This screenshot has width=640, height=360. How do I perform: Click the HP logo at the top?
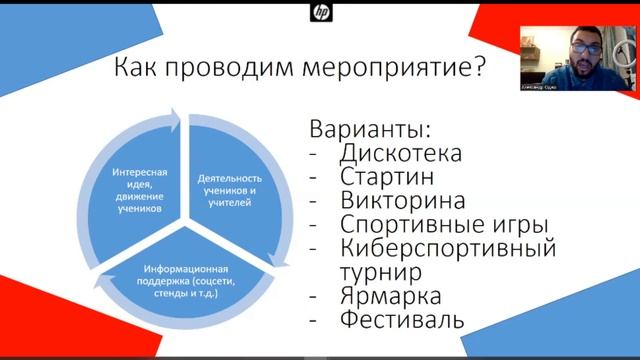(320, 13)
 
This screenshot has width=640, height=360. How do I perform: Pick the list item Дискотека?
(400, 154)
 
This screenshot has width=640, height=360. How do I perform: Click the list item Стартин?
(386, 177)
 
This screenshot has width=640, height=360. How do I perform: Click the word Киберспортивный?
(447, 247)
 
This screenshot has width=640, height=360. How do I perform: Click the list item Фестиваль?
(402, 321)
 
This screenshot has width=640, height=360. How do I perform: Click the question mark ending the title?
(479, 69)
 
